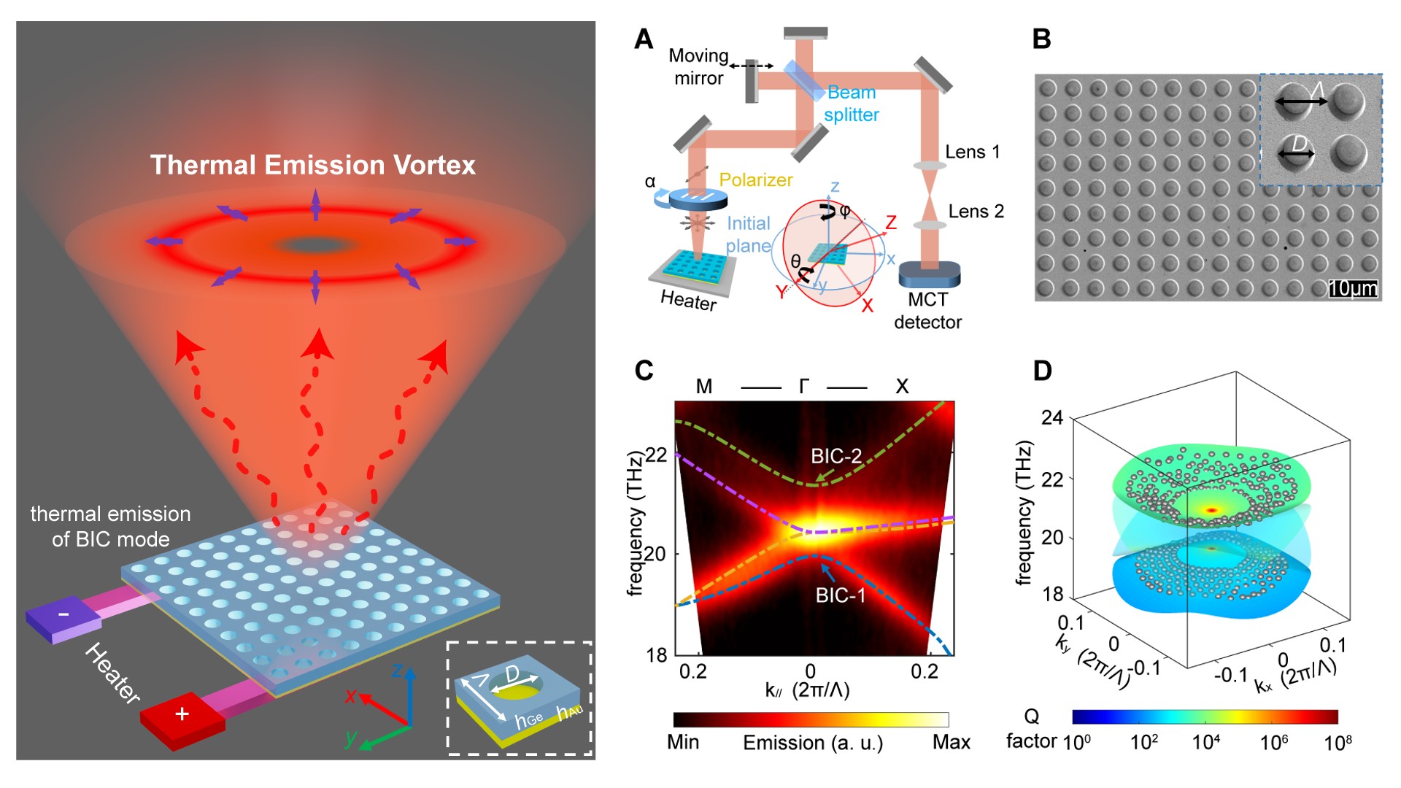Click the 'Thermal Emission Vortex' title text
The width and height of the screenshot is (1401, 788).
[312, 165]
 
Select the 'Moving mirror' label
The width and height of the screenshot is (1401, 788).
[698, 67]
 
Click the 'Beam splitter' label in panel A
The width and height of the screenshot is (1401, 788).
[852, 104]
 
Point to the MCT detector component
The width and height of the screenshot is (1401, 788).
[929, 274]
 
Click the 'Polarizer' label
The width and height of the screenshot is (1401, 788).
[755, 179]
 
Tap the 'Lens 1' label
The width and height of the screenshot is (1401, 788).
[972, 152]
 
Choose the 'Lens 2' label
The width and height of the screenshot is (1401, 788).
[976, 212]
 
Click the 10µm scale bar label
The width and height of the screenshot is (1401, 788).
[1353, 289]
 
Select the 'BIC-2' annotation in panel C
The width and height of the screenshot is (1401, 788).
[836, 457]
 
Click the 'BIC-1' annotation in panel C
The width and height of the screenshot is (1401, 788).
[840, 595]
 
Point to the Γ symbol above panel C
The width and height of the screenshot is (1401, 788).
[804, 386]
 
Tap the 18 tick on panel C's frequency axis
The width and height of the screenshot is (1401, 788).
[657, 655]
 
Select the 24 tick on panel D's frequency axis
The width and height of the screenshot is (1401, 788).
[1052, 418]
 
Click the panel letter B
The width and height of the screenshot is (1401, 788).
[1042, 39]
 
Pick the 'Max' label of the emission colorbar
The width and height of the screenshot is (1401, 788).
[951, 743]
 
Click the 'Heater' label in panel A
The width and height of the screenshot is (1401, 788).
[688, 300]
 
